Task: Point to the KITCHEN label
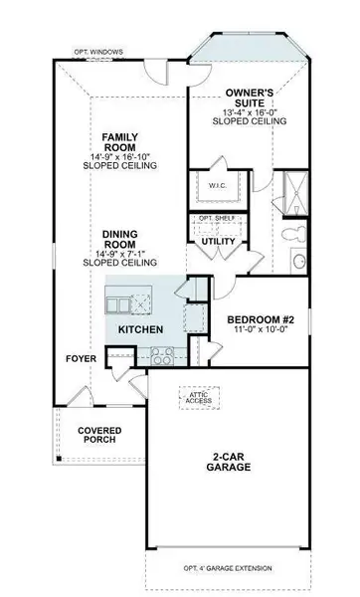tap(139, 328)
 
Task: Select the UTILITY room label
tap(218, 243)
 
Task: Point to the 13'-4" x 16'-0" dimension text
tap(249, 110)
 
